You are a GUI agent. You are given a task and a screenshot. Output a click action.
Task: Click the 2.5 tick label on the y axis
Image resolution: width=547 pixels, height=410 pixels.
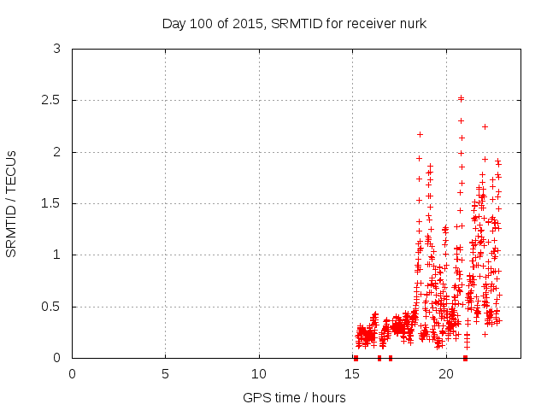point(54,101)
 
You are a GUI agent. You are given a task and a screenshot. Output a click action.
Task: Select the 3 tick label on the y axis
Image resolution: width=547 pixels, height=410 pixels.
point(57,50)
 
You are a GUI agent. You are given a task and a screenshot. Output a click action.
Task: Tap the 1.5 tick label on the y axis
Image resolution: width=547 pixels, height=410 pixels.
point(54,203)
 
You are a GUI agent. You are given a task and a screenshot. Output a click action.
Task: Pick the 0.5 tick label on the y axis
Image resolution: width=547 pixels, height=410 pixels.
point(54,307)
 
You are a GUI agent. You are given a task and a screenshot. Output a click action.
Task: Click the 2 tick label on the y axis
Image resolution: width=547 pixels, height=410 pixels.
point(57,152)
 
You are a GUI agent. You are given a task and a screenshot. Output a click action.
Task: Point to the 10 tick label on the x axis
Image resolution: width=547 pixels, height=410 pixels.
point(259,373)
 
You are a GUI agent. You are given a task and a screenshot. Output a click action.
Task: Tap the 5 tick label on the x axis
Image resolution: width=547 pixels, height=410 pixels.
point(166,373)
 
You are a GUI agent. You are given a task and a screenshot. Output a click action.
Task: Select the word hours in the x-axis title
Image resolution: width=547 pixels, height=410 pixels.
point(328,397)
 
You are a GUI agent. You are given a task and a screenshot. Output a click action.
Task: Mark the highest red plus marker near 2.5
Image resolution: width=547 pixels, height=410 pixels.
point(462,98)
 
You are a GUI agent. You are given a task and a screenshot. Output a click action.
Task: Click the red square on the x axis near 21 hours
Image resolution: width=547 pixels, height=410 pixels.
point(465,358)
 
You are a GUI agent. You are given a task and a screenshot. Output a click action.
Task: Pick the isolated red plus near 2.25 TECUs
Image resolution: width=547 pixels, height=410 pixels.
point(485,126)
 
